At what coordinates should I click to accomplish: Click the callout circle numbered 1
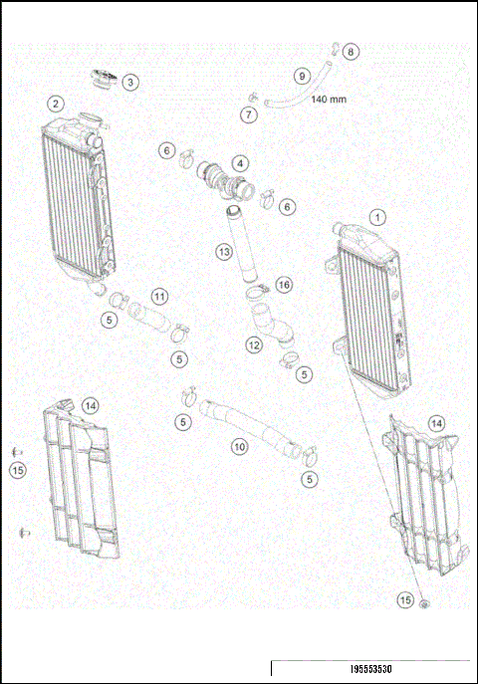[x=377, y=216]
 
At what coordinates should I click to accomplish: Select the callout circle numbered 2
[x=56, y=104]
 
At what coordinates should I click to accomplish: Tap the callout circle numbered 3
[x=130, y=83]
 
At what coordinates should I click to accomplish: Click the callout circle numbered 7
[x=248, y=114]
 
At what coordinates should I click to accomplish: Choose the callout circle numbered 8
[x=352, y=51]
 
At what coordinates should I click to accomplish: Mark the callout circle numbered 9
[x=301, y=76]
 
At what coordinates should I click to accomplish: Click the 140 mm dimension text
[x=330, y=100]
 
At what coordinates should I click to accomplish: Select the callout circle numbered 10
[x=239, y=447]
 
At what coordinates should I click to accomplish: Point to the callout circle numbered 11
[x=159, y=296]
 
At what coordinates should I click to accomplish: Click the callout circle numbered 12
[x=254, y=344]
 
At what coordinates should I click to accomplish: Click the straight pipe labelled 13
[x=240, y=249]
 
